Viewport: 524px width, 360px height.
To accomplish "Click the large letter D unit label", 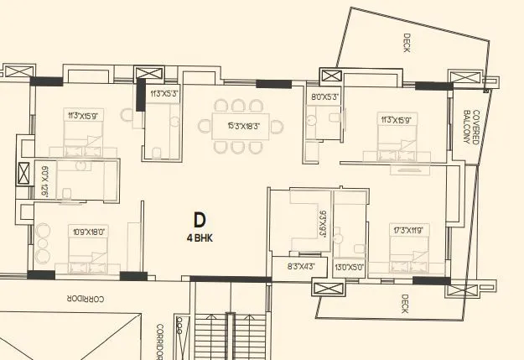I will [x=200, y=221].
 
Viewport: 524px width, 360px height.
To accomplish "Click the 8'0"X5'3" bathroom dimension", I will [x=324, y=97].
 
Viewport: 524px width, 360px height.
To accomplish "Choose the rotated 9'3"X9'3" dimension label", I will [x=322, y=224].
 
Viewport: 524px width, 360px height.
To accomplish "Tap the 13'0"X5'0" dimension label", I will [x=350, y=267].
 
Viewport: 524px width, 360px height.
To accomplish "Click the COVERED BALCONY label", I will [x=471, y=127].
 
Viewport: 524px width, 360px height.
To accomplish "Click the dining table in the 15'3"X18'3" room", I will [x=236, y=127].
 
